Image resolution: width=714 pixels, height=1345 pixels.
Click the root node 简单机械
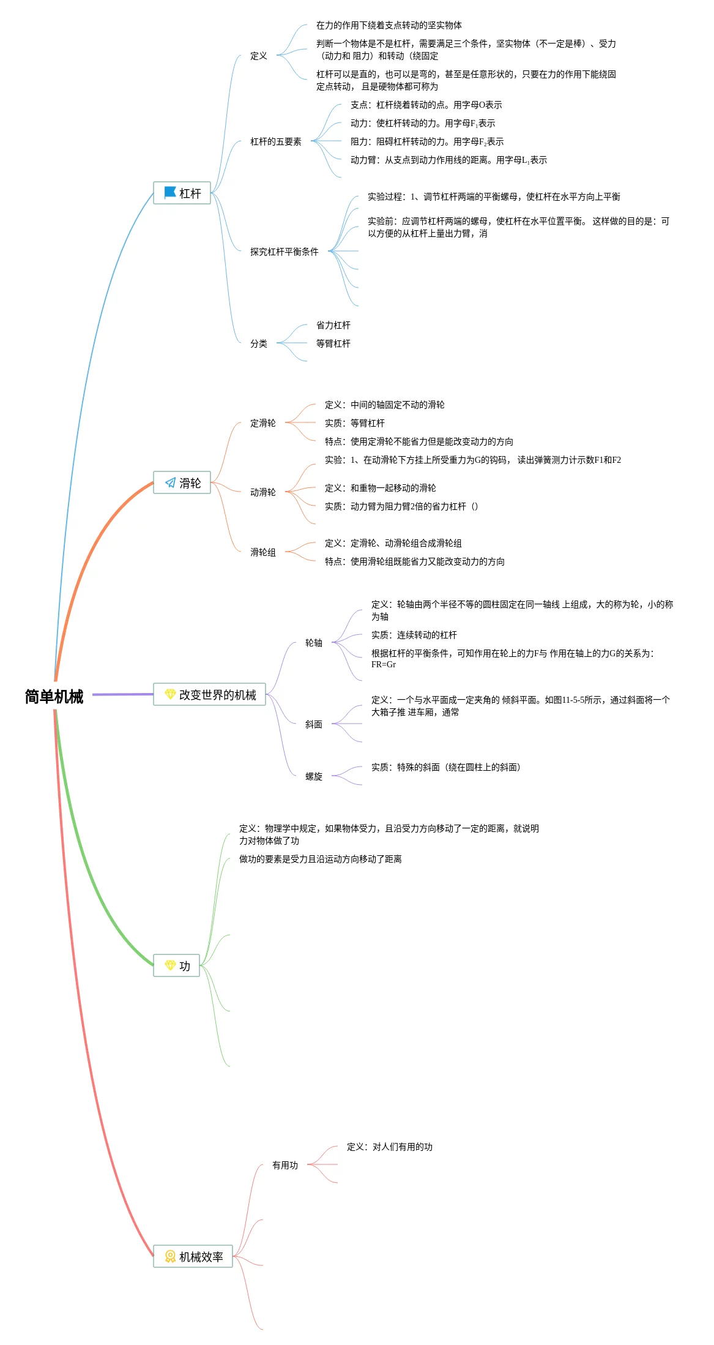(54, 697)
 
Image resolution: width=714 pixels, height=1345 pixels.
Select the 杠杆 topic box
(182, 193)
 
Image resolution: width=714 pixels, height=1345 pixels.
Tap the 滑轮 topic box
(182, 483)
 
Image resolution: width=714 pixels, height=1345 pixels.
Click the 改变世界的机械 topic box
(209, 695)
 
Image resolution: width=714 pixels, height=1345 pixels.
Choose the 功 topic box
(176, 966)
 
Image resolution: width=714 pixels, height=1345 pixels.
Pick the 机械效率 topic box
(193, 1257)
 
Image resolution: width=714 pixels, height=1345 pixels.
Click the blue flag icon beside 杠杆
(170, 193)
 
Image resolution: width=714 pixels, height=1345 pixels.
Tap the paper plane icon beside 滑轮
(170, 483)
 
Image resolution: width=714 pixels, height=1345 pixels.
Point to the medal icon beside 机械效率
(170, 1257)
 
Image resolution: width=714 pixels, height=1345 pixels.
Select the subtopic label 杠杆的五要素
(275, 142)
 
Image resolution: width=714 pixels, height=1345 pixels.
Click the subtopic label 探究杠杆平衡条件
(284, 252)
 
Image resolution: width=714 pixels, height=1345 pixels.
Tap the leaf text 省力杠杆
(333, 326)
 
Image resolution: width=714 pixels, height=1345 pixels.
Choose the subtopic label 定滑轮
(262, 424)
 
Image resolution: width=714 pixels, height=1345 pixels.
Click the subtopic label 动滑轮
(262, 493)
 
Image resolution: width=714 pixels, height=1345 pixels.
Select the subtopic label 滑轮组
(262, 553)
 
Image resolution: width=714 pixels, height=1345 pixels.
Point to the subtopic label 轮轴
(313, 643)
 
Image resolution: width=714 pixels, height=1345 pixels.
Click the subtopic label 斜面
(313, 725)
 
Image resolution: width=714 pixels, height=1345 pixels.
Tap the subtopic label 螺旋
(313, 777)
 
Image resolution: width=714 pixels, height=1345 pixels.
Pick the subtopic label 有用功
(284, 1166)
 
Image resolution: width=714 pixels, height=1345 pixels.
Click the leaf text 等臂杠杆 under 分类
(333, 344)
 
